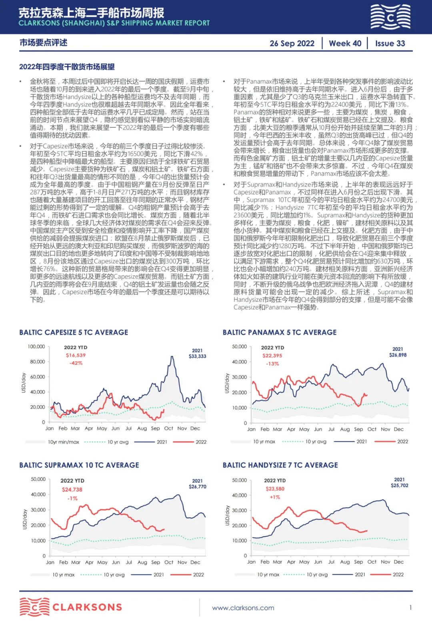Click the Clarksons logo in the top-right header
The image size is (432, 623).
390,17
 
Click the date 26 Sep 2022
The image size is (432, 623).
292,44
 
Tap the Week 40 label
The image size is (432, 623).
345,44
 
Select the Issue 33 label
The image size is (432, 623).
390,44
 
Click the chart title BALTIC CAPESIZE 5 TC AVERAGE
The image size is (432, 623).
74,332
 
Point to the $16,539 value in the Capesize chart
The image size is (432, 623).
76,355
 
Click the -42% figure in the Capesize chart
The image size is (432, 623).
76,363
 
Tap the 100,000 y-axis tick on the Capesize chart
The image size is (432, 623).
36,346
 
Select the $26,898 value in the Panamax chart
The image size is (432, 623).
398,355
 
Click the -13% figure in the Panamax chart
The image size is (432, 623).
272,364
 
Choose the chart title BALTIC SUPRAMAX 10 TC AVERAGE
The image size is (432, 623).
79,465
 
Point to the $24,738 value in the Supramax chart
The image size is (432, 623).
72,490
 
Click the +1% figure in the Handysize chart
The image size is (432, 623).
275,497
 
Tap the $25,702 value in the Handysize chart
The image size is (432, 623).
400,486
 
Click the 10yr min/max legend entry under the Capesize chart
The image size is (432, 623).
63,442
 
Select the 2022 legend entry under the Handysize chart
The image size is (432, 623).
398,575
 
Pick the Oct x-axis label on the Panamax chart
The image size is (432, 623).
372,429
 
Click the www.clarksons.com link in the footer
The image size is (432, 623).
243,608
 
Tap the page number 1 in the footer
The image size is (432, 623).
410,607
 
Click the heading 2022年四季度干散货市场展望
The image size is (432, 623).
67,67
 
